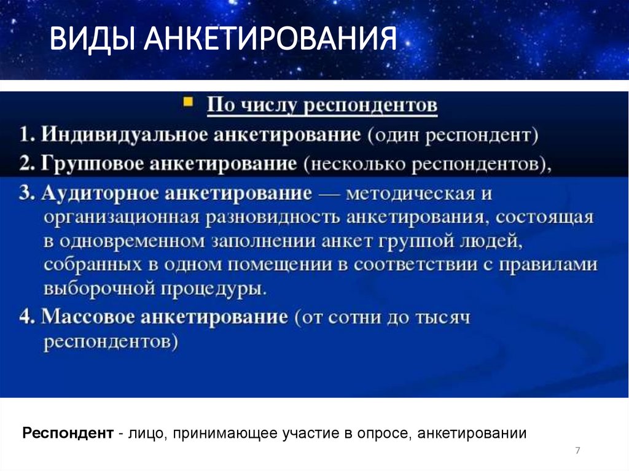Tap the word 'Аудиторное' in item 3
pyautogui.click(x=101, y=194)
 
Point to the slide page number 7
pyautogui.click(x=577, y=451)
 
